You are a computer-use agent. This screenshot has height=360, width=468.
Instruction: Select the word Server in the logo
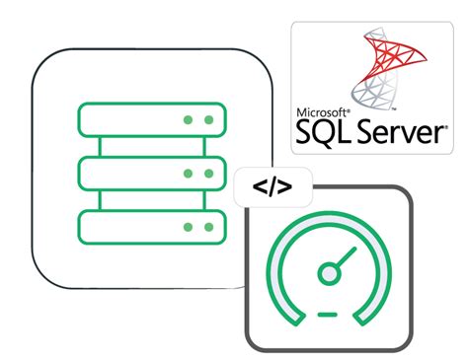click(x=400, y=132)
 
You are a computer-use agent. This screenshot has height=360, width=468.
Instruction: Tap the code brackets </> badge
click(x=272, y=186)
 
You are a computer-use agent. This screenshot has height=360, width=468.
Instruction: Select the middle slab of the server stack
click(x=152, y=174)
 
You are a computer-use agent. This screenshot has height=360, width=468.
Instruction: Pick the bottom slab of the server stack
click(x=152, y=228)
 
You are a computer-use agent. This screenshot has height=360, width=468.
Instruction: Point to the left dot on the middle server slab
click(x=187, y=174)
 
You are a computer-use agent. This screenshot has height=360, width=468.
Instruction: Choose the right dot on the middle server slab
click(x=208, y=174)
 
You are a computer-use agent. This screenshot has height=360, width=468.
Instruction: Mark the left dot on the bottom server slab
click(x=187, y=228)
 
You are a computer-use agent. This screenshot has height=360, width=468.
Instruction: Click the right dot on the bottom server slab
click(x=208, y=228)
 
